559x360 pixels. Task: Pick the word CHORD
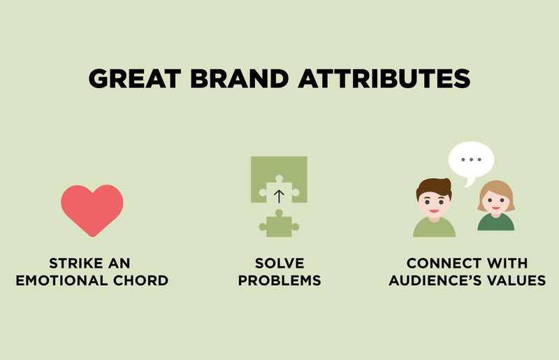pos(145,281)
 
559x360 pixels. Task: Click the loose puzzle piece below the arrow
pos(279,224)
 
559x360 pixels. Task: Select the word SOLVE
pos(279,264)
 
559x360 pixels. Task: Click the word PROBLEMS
pos(279,281)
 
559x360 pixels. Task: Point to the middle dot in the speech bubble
pos(472,159)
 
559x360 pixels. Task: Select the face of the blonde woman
pos(495,201)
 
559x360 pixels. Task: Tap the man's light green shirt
pos(433,228)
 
